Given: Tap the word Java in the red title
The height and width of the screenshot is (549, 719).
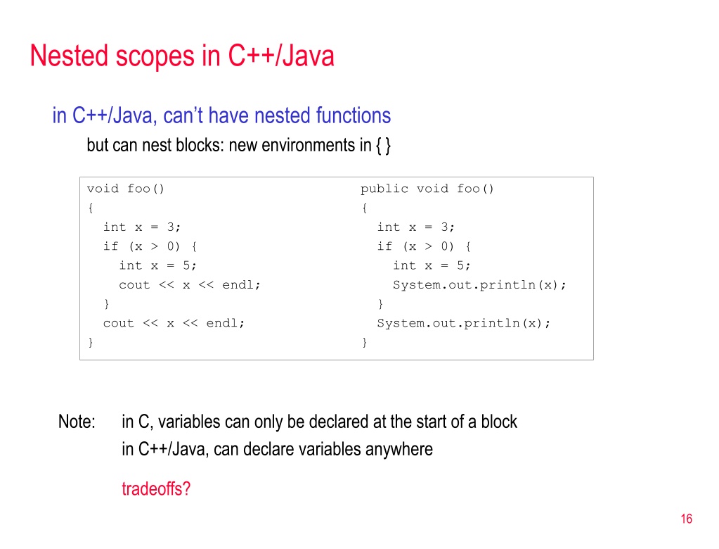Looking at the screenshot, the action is (x=308, y=56).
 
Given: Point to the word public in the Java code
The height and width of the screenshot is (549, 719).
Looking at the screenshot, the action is (x=384, y=189).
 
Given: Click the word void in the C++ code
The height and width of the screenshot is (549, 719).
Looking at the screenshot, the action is (x=103, y=189).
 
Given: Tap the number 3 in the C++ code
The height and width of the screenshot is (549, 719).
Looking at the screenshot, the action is (x=171, y=227).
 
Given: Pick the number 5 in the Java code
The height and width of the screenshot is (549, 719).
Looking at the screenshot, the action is (x=460, y=265).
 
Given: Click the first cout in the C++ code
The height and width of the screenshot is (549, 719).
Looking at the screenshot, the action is (x=134, y=285).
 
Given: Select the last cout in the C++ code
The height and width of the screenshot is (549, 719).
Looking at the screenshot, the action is (x=118, y=323).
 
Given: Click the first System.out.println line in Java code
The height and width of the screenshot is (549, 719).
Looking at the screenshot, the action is (x=479, y=285).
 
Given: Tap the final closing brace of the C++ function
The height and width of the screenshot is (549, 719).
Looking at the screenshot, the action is (x=91, y=343).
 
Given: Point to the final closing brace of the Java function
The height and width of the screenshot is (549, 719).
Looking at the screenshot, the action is (x=365, y=343).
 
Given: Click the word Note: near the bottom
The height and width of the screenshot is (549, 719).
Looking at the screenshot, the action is (x=77, y=422).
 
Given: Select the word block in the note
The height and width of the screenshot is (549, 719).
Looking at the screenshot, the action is (x=499, y=422).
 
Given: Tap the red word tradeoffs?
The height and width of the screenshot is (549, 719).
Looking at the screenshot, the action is (x=156, y=488).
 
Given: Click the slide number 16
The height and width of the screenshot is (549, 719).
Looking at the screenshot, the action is (x=687, y=519).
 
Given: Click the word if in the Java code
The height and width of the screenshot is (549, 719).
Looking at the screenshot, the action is (x=384, y=246).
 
